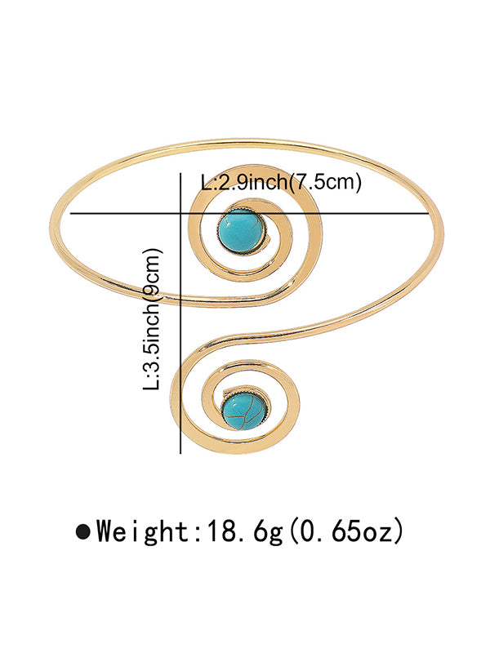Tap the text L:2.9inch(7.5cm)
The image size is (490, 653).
click(280, 183)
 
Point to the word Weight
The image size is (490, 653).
click(142, 532)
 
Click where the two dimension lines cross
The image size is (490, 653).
click(179, 214)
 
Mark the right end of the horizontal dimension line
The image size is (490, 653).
click(430, 214)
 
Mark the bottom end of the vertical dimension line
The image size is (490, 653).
click(179, 454)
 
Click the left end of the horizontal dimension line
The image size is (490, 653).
click(72, 214)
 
